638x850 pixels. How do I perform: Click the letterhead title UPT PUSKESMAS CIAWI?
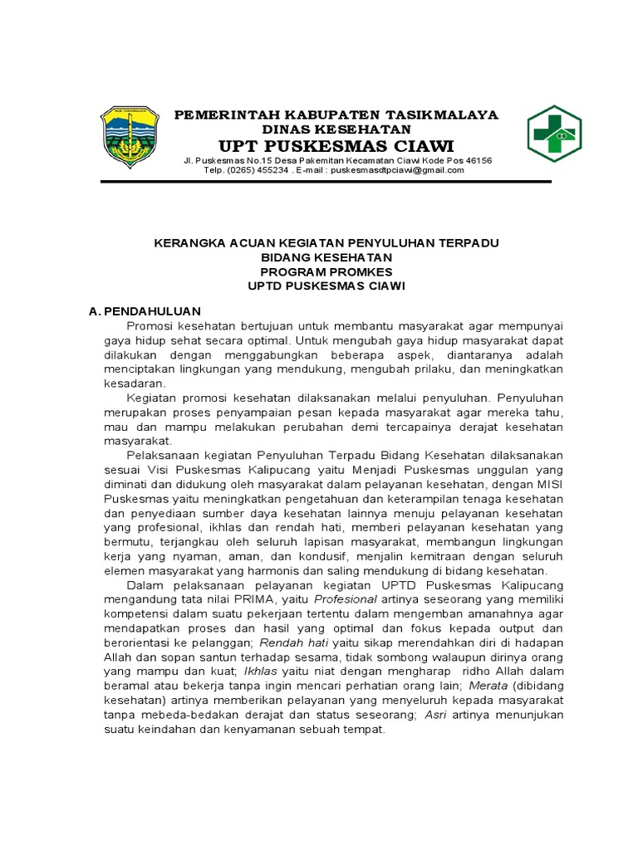tap(336, 146)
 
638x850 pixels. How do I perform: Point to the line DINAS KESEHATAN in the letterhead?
tap(336, 129)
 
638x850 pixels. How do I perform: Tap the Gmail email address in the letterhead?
tap(400, 170)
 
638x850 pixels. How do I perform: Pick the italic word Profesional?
tap(346, 598)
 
